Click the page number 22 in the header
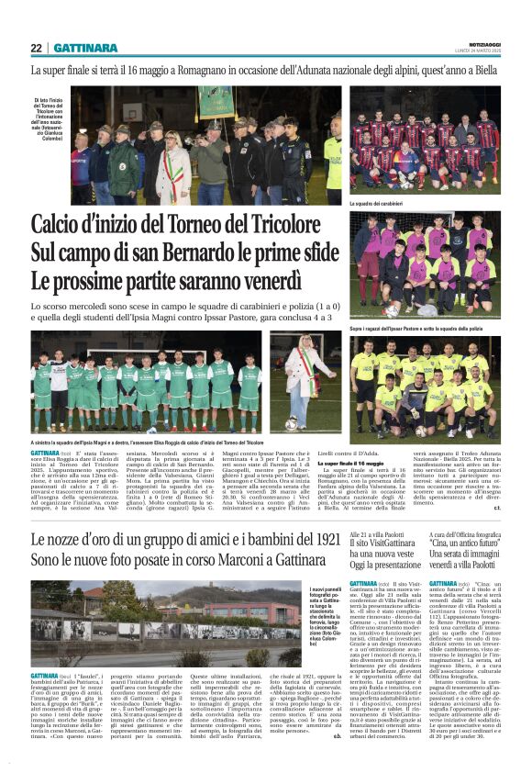36,48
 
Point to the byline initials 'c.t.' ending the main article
497,507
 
